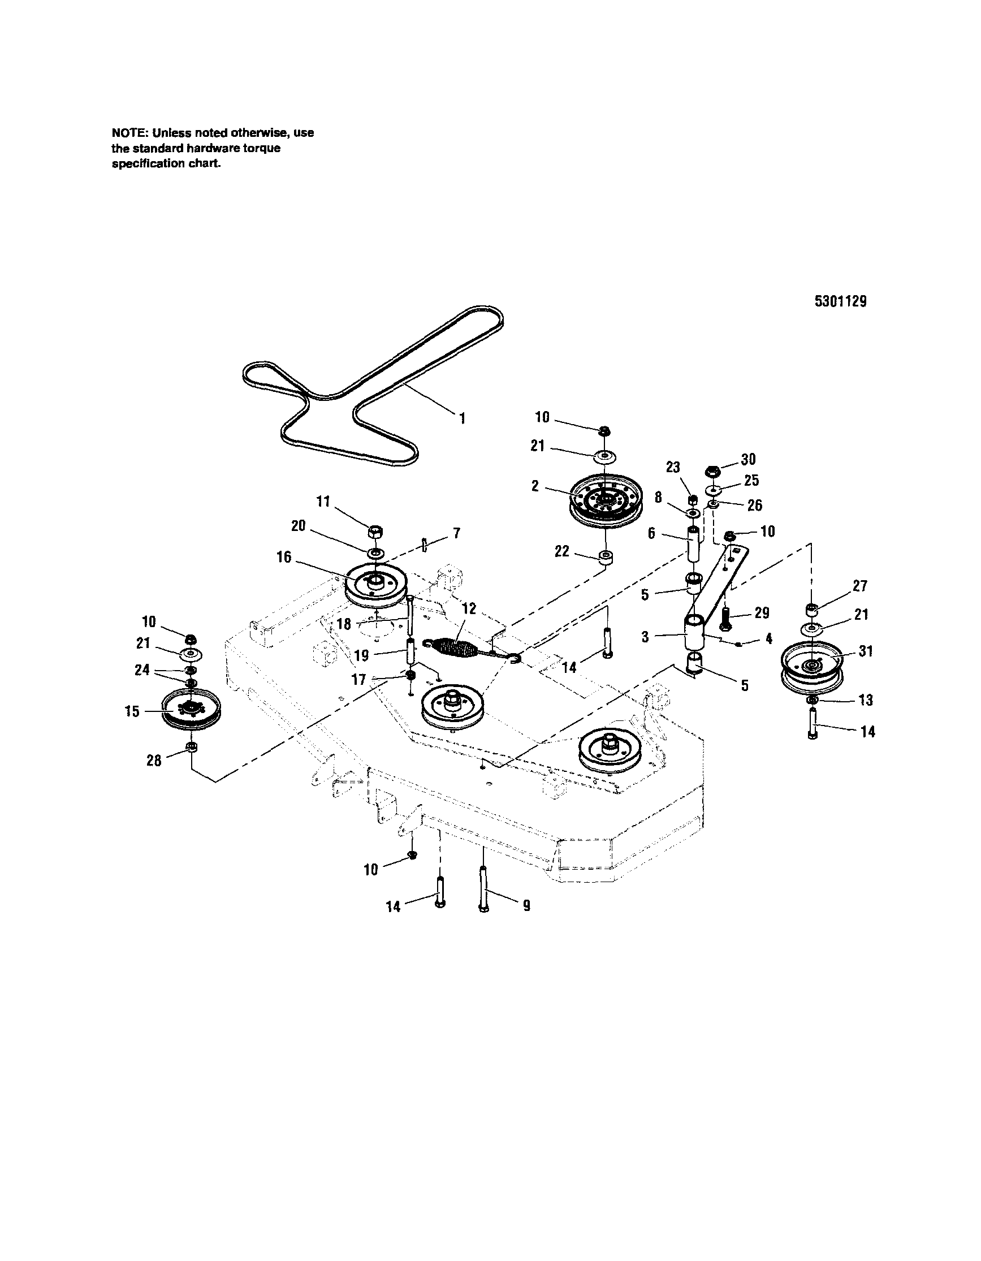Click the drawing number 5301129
pos(840,301)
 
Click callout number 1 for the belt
pos(462,418)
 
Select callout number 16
pos(284,557)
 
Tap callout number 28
pos(154,761)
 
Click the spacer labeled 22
pos(605,558)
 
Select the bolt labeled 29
pos(725,618)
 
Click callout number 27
pos(860,585)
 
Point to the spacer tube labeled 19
pos(410,652)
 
